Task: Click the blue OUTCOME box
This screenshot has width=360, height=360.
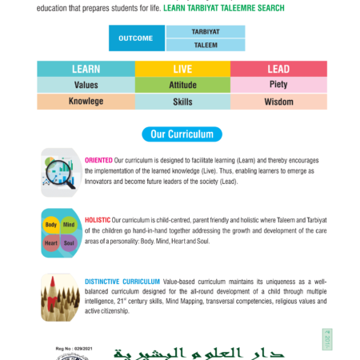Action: click(137, 38)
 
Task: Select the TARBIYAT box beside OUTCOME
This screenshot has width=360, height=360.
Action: click(205, 31)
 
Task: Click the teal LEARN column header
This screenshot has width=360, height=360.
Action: click(86, 69)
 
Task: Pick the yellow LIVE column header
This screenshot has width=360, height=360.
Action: click(182, 69)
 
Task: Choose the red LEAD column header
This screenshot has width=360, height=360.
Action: click(278, 69)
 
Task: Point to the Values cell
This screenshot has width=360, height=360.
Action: click(86, 85)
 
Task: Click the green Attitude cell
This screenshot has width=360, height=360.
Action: click(182, 85)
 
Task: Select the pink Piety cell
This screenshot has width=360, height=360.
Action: click(278, 85)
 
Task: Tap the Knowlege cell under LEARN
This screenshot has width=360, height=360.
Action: click(86, 102)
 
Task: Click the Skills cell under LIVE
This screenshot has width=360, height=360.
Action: click(182, 102)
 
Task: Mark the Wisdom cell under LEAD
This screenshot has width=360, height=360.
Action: click(278, 102)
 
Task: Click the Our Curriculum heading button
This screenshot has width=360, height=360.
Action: click(182, 133)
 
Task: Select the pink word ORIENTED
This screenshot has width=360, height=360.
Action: click(98, 160)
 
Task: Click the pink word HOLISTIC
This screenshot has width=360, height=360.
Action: click(98, 220)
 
